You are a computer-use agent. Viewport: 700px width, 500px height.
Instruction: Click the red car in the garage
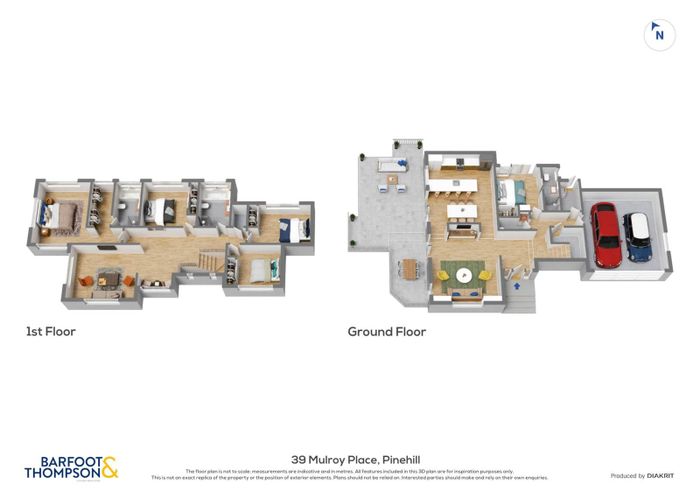tap(605, 236)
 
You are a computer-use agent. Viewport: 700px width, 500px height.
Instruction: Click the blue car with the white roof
tap(637, 237)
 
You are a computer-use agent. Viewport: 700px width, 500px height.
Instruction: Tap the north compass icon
tap(658, 34)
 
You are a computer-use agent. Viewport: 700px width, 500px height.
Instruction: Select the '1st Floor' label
tap(50, 331)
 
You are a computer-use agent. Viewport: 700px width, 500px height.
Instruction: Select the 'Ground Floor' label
tap(386, 331)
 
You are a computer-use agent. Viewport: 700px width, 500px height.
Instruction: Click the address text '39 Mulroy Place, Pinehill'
tap(350, 458)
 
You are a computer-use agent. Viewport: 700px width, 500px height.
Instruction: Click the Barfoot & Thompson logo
tap(70, 468)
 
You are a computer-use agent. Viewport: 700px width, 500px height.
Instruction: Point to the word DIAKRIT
tap(659, 476)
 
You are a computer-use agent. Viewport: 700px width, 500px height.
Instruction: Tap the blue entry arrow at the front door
tap(516, 286)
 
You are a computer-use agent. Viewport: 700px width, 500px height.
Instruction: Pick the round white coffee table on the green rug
tap(462, 273)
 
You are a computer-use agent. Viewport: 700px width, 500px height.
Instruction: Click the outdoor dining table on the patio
tap(410, 267)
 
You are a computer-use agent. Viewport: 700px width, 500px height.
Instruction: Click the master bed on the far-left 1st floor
tap(59, 214)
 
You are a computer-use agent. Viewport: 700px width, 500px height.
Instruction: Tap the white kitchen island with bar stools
tap(459, 186)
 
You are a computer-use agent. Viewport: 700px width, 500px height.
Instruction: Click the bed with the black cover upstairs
tap(159, 210)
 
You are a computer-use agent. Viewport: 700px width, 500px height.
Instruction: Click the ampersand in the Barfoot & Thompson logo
tap(109, 466)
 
